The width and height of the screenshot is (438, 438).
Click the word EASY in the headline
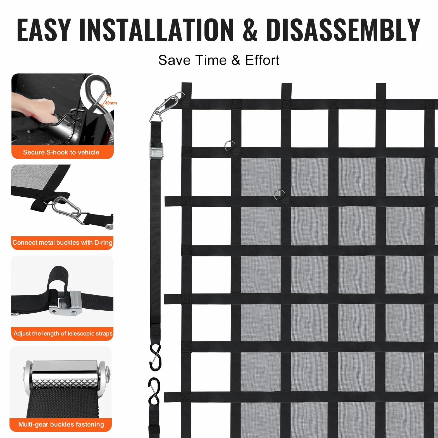pos(44,30)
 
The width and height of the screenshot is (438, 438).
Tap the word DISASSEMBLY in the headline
pos(343,30)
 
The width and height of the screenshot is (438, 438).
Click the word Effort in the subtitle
pos(262,60)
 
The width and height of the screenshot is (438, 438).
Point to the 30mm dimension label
pos(111,103)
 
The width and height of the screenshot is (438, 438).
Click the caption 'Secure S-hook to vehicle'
pos(61,152)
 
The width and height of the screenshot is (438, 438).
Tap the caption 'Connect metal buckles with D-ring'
pos(62,242)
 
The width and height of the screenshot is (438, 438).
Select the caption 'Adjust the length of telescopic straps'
pos(63,334)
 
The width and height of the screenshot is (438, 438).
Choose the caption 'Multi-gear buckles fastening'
pos(61,425)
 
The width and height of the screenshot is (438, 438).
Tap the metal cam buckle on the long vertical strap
pos(156,151)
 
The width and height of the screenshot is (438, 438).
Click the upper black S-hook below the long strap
pos(155,357)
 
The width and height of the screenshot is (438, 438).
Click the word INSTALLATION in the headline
pos(156,30)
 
